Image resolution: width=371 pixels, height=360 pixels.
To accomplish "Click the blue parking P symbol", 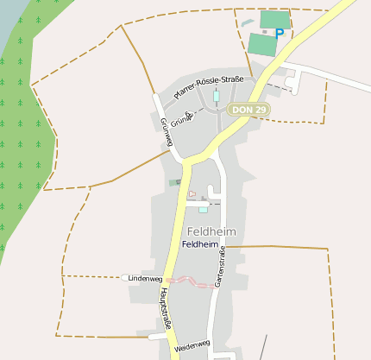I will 279,33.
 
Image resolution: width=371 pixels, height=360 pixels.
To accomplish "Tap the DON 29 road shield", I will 249,110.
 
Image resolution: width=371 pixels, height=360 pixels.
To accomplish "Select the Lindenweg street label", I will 144,279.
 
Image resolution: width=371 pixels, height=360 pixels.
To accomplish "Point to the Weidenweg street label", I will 192,346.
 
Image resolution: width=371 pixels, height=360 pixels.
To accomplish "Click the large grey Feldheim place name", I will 211,231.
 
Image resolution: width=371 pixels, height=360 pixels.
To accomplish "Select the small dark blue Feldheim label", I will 199,245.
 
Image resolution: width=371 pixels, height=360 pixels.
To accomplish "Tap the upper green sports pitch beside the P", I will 275,19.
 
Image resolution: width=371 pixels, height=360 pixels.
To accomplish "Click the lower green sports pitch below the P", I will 261,44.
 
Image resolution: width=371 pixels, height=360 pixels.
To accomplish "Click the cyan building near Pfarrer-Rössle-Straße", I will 217,95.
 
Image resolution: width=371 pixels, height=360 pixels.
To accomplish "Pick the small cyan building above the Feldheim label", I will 203,209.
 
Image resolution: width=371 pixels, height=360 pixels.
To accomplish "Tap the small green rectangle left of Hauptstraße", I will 175,182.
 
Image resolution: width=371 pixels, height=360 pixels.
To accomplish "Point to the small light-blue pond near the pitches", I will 248,22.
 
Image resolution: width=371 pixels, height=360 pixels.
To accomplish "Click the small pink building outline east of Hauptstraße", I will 192,194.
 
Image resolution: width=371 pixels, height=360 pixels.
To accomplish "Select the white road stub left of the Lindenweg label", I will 127,277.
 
